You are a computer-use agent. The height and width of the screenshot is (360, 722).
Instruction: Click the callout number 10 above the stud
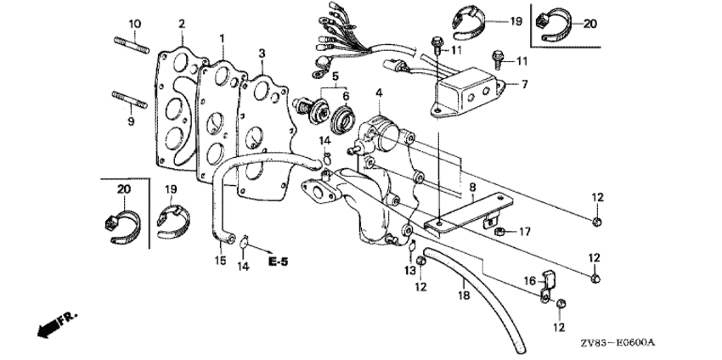tap(134, 24)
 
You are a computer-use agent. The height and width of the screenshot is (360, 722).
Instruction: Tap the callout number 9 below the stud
tap(131, 122)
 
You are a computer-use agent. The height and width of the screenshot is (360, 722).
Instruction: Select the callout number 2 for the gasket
tap(182, 24)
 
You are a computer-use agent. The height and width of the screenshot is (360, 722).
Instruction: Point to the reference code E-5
tap(278, 262)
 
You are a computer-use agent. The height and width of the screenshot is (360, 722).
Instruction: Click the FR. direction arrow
tap(58, 325)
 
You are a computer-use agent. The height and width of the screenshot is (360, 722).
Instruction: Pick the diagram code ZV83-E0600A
tap(618, 343)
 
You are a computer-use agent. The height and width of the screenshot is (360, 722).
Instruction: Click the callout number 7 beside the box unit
tap(526, 84)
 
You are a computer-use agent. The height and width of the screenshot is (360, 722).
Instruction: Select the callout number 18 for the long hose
tap(464, 295)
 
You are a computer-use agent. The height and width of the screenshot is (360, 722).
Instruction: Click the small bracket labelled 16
tap(548, 287)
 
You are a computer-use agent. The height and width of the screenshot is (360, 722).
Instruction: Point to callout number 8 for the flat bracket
tap(472, 187)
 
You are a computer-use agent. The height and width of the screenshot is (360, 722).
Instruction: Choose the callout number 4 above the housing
tap(379, 93)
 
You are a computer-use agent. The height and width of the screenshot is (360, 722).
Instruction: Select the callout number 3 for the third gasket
tap(262, 53)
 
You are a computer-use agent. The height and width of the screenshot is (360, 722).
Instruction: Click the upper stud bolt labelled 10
tap(131, 46)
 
